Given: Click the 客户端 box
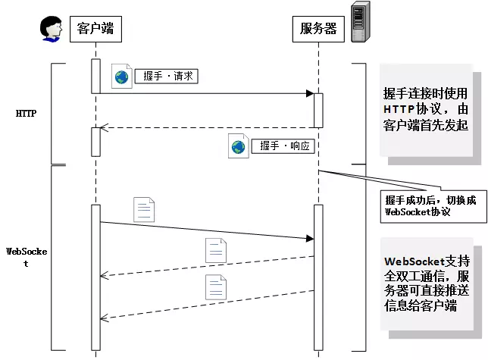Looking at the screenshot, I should click(x=95, y=29).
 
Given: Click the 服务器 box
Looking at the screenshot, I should click(x=318, y=29).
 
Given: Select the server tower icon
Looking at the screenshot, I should click(x=361, y=22).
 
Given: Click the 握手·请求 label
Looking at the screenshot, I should click(x=166, y=77).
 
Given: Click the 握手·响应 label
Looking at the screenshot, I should click(x=284, y=146).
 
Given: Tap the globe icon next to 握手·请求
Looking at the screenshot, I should click(x=121, y=76).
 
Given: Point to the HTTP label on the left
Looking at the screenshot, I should click(x=27, y=114).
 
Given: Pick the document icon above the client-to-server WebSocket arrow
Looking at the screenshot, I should click(x=144, y=209).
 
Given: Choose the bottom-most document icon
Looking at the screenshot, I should click(x=216, y=286).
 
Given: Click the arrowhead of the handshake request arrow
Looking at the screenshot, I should click(x=309, y=93).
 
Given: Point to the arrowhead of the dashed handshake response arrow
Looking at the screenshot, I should click(x=105, y=127).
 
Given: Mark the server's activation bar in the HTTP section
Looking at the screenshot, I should click(x=318, y=110).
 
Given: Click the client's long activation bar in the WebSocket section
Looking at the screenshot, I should click(x=95, y=277).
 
